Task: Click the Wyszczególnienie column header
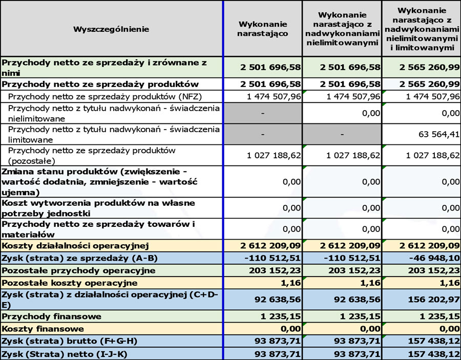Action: pos(111,29)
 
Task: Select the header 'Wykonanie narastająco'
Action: pos(263,29)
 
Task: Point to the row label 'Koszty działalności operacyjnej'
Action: pos(75,246)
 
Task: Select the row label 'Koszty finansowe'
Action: pos(43,329)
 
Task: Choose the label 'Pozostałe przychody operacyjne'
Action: pos(78,270)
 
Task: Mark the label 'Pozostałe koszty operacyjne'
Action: pos(70,283)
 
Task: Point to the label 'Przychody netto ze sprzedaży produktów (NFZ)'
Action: pos(97,95)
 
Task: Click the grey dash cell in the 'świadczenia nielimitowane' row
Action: pos(262,114)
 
